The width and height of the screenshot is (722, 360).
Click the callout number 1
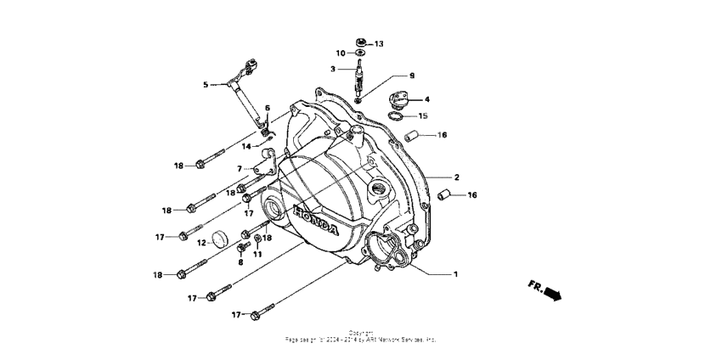coord(455,274)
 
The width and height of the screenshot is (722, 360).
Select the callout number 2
coord(456,177)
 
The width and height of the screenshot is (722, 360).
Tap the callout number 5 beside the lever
coord(205,85)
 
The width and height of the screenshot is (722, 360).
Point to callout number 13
coord(379,43)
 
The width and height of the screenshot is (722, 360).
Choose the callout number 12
coord(202,243)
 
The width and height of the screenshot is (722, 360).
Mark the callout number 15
coord(423,115)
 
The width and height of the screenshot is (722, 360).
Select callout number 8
coord(240,262)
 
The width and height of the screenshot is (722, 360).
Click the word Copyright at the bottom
coord(360,332)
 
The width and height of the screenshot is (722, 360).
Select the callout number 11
coord(257,254)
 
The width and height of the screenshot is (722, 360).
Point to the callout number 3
coord(334,69)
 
